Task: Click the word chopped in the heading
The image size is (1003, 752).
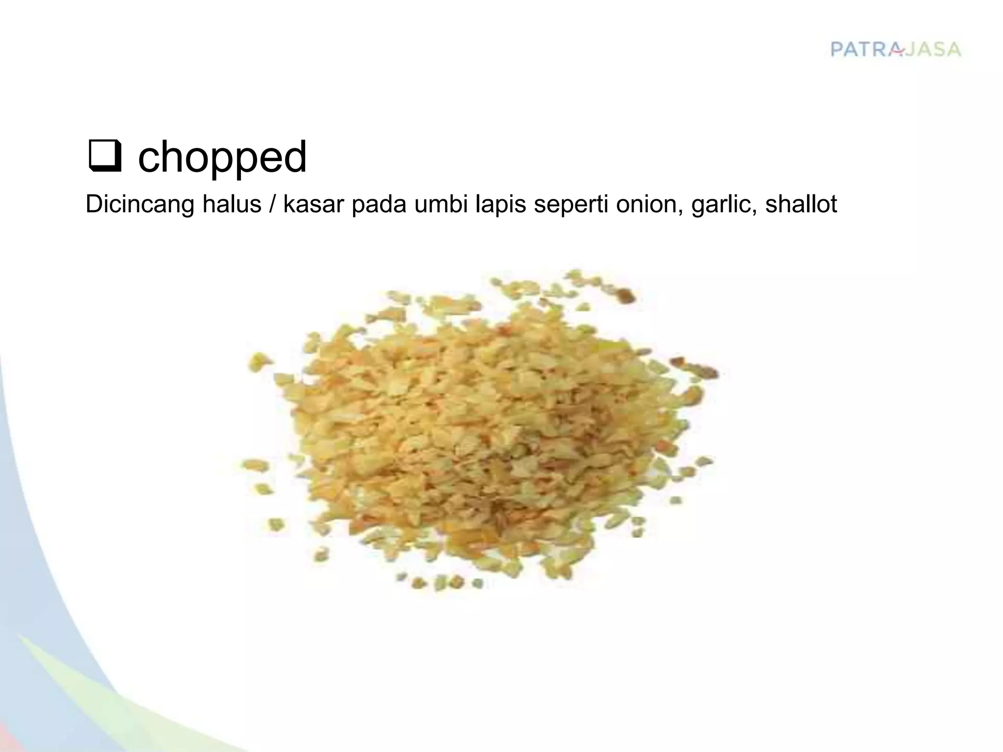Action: [x=222, y=158]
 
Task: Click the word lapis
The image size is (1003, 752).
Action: [x=501, y=204]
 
